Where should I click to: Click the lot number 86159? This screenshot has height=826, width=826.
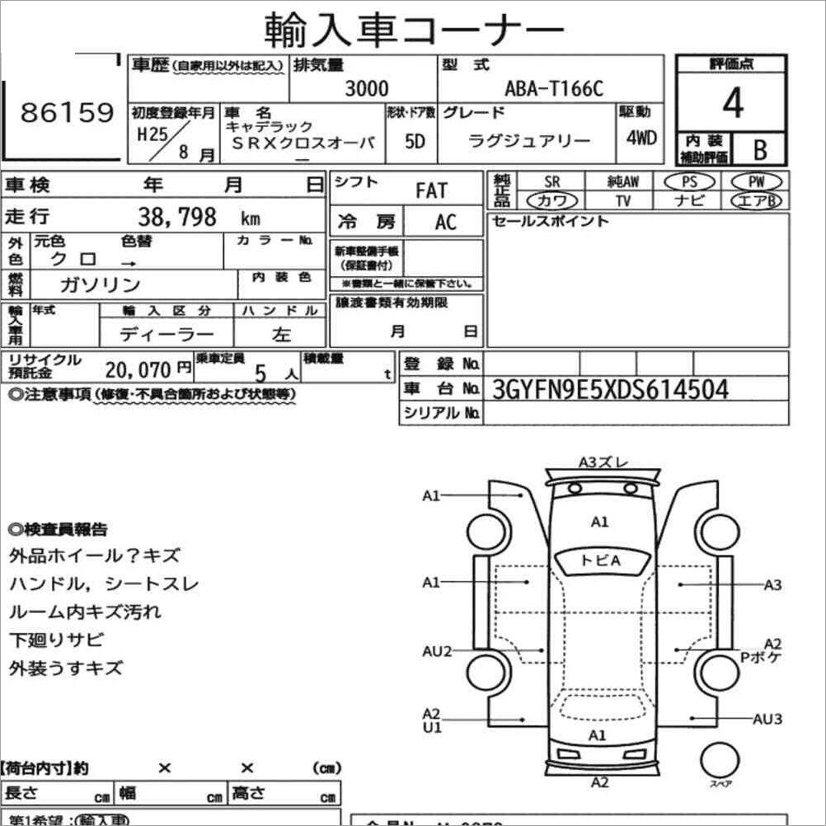point(68,114)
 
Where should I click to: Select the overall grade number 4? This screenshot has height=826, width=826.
point(732,104)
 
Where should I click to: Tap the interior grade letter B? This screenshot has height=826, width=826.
point(758,150)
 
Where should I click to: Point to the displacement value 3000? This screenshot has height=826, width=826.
point(366,89)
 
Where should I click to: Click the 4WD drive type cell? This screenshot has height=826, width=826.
point(641,138)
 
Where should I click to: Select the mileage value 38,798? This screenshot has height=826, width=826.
point(177,217)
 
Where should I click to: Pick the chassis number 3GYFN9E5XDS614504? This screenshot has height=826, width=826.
point(610,389)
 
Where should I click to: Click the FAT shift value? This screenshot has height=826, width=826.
point(431,191)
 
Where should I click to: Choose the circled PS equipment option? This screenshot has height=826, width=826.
point(685,181)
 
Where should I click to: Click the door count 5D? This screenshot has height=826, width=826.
point(415,141)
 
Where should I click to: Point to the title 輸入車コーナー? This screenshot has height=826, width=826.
point(414,31)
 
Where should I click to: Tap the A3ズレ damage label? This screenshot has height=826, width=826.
point(603,462)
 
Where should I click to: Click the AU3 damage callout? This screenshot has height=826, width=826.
point(767,719)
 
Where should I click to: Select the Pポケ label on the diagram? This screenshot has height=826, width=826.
point(760,657)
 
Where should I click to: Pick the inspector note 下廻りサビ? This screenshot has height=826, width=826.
point(56,640)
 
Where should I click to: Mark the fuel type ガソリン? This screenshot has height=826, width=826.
point(101,284)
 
